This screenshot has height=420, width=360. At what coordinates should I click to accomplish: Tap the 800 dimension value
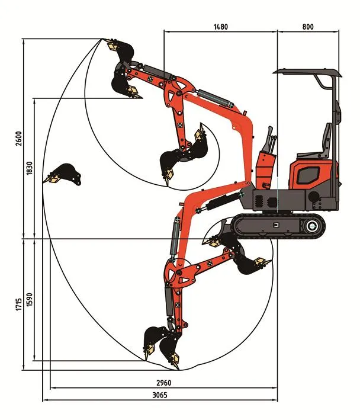pos(307,27)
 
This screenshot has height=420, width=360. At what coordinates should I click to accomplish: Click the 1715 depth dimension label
pos(18,305)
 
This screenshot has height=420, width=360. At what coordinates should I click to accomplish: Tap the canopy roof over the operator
pos(308,73)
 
